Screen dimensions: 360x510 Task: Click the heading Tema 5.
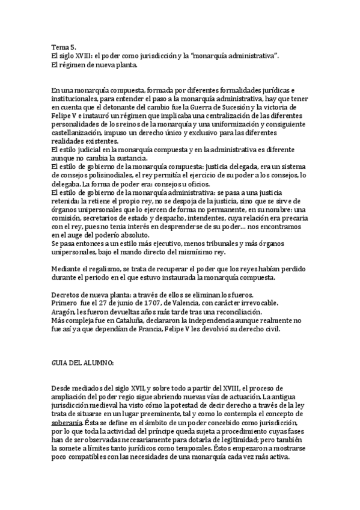pos(64,46)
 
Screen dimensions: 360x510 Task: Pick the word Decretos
pos(68,295)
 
